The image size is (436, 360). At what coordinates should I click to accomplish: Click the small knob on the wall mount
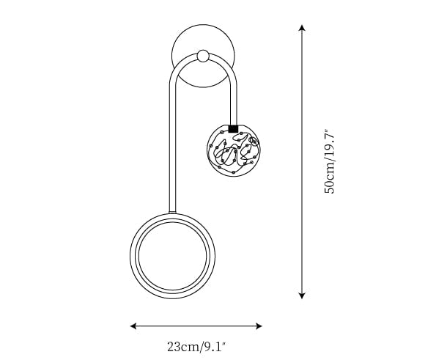[203, 56]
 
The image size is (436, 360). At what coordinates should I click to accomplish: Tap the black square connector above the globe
[233, 129]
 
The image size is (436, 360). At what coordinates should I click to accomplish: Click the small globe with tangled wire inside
[234, 150]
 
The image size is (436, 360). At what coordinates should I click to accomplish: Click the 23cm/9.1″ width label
[196, 347]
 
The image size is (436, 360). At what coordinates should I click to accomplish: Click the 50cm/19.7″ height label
[330, 161]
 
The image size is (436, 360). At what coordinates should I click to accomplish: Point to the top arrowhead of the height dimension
[302, 28]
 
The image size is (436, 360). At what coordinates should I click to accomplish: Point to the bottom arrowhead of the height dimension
[302, 295]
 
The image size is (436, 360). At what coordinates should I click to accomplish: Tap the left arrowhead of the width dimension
[133, 326]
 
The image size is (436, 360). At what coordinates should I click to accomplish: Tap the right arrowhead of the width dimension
[259, 326]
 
